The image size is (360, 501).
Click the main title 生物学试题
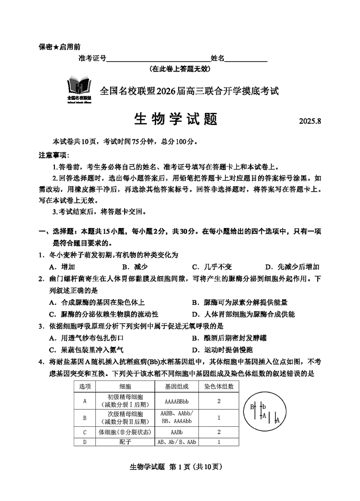click(x=176, y=119)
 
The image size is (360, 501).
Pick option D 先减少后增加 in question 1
click(x=292, y=267)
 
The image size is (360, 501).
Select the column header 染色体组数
click(x=219, y=386)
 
